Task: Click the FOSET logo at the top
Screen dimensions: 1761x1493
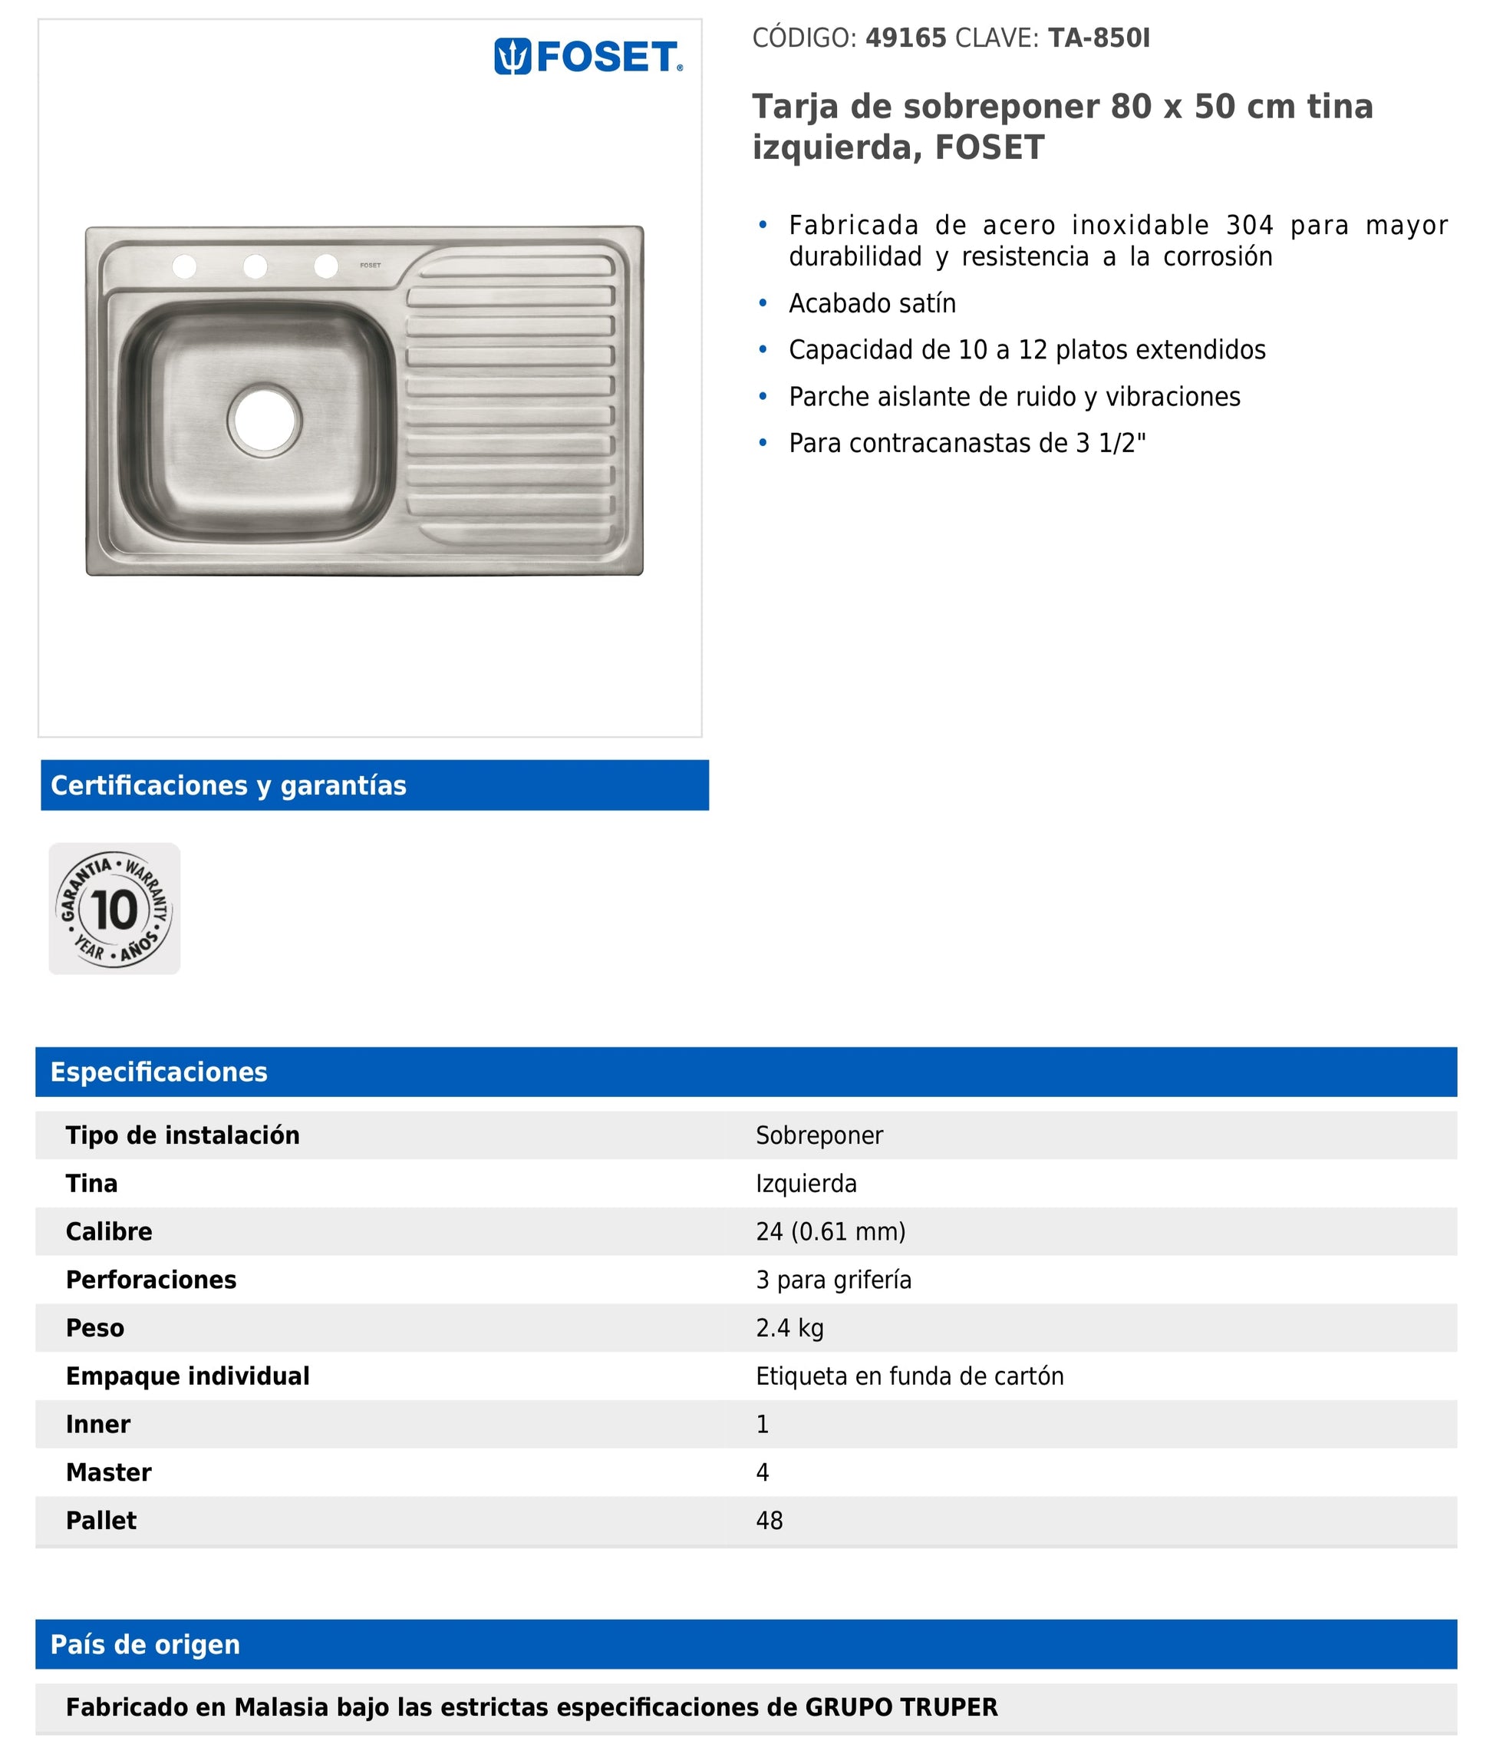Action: (588, 57)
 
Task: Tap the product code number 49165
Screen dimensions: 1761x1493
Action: (905, 38)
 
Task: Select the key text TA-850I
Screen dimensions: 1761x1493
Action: (1099, 38)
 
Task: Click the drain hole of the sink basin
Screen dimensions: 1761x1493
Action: (264, 420)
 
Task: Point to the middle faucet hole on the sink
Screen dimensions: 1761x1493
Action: (255, 266)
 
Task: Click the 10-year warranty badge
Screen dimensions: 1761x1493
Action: (114, 908)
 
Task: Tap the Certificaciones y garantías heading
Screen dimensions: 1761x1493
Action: (229, 785)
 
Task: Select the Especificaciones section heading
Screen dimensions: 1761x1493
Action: (158, 1072)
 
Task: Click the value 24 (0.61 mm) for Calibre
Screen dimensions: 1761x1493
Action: (830, 1231)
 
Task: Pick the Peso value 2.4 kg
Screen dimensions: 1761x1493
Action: (789, 1327)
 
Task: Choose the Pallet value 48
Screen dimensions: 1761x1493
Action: (769, 1521)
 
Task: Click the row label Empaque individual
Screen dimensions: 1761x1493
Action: (187, 1376)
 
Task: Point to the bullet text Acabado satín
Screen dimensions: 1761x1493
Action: (872, 303)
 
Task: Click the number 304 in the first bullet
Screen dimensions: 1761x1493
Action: (1249, 225)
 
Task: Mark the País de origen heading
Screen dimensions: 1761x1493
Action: (145, 1644)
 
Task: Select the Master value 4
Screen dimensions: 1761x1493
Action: (762, 1472)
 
